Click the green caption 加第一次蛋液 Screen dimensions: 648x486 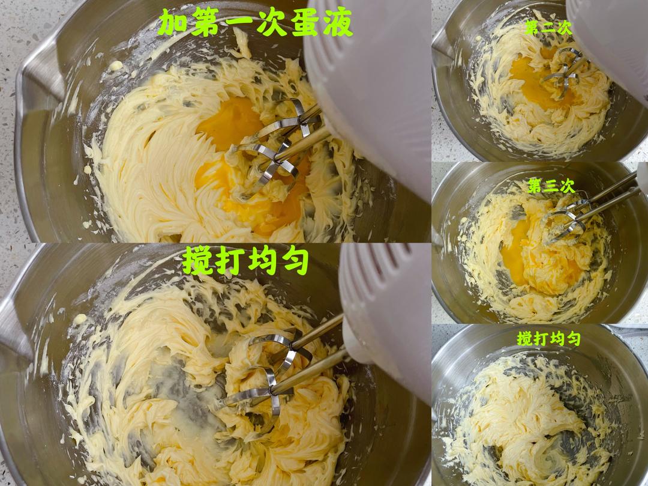pyautogui.click(x=256, y=23)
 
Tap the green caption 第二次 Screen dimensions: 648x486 pyautogui.click(x=548, y=28)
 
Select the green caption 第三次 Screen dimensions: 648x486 pyautogui.click(x=551, y=186)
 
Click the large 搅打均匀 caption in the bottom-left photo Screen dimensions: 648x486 pyautogui.click(x=245, y=261)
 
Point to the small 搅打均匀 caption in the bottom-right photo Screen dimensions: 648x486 pyautogui.click(x=549, y=338)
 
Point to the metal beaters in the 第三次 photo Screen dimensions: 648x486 pyautogui.click(x=578, y=215)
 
